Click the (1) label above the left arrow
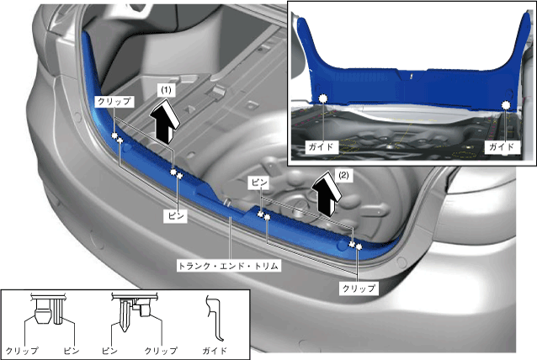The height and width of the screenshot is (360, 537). click(166, 90)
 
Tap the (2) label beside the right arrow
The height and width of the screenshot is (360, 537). click(343, 175)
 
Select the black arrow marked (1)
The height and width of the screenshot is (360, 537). click(165, 121)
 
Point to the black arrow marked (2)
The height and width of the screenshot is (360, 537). click(327, 193)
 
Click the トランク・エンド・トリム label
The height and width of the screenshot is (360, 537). click(229, 266)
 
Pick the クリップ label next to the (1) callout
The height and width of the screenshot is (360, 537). click(114, 101)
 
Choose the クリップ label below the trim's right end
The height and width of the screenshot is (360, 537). click(359, 289)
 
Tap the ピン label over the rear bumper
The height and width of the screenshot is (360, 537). click(176, 216)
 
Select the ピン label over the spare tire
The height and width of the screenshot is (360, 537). click(259, 183)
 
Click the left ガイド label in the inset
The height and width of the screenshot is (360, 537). click(322, 147)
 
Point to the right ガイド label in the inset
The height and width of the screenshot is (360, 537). click(502, 147)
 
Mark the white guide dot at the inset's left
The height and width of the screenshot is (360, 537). click(323, 98)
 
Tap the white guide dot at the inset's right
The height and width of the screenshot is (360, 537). click(506, 104)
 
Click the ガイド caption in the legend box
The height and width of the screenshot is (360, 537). click(215, 351)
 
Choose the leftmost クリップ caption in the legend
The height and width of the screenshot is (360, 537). click(23, 351)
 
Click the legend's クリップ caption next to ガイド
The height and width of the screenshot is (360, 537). click(161, 351)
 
